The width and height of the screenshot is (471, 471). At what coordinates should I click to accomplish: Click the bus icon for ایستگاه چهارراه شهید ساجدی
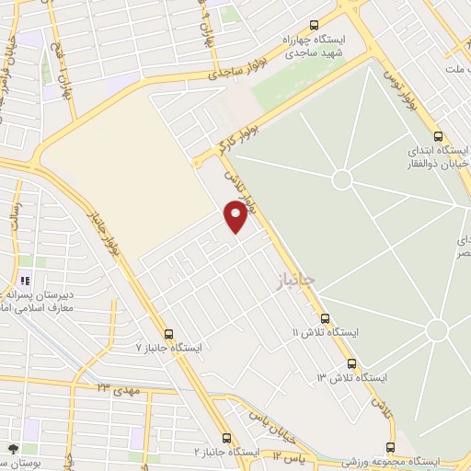coord(315,26)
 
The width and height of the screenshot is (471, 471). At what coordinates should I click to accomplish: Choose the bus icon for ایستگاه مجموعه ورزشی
coord(390,446)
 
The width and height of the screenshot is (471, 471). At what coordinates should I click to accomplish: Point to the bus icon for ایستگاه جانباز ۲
coord(227,439)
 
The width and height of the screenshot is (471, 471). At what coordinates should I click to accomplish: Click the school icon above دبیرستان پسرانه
coord(26,281)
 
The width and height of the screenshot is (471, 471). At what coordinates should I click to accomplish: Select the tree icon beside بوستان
coord(13,448)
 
